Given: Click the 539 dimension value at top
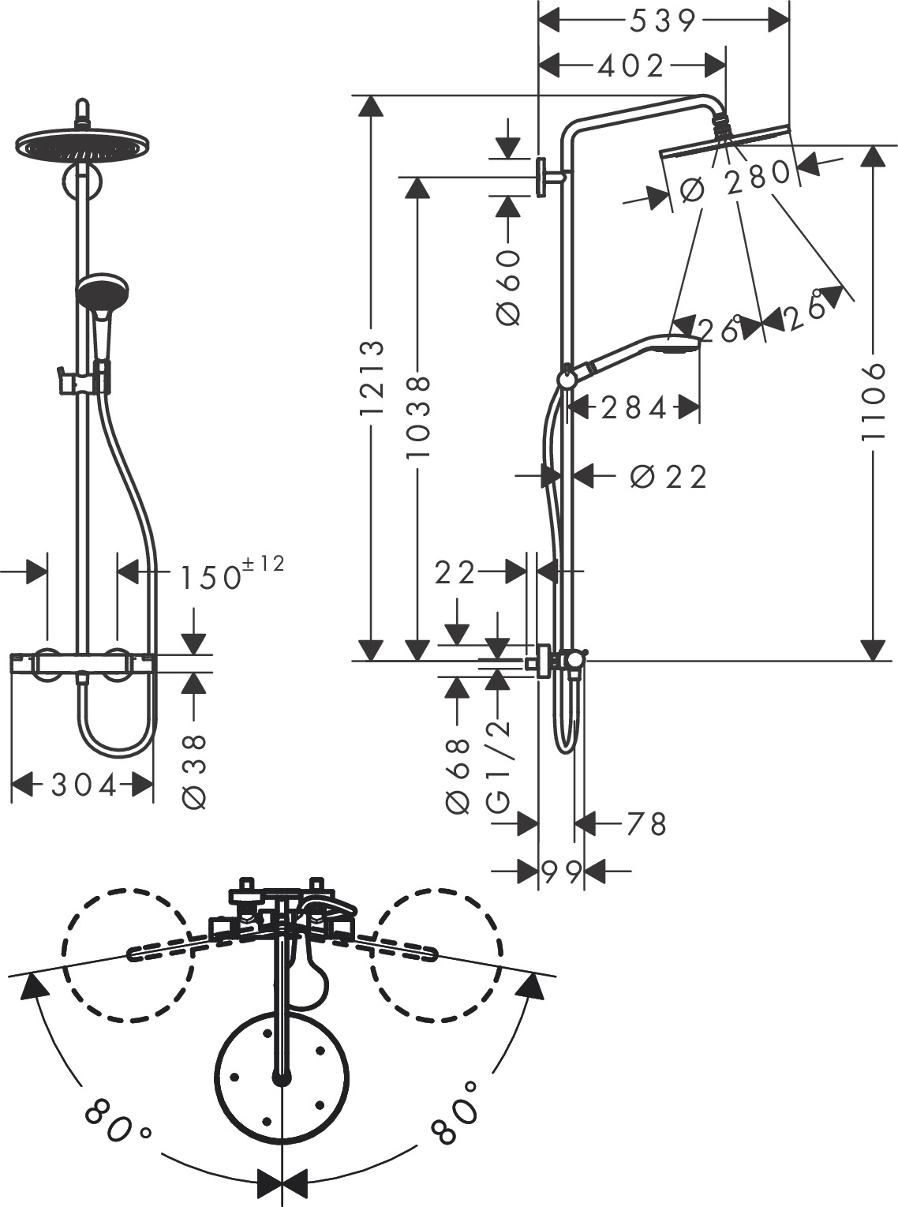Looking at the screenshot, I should click(x=663, y=21).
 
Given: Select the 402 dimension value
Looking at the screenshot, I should click(x=631, y=66).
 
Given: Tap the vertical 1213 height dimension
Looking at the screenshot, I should click(x=371, y=378).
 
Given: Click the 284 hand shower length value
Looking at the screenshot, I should click(x=634, y=407).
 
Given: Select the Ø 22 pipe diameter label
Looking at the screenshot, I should click(x=669, y=476).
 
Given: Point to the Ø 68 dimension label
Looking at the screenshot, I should click(x=458, y=776).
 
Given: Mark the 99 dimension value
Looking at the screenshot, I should click(x=562, y=872).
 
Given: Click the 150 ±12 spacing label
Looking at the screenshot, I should click(x=229, y=574).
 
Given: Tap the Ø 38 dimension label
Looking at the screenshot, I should click(x=194, y=771).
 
